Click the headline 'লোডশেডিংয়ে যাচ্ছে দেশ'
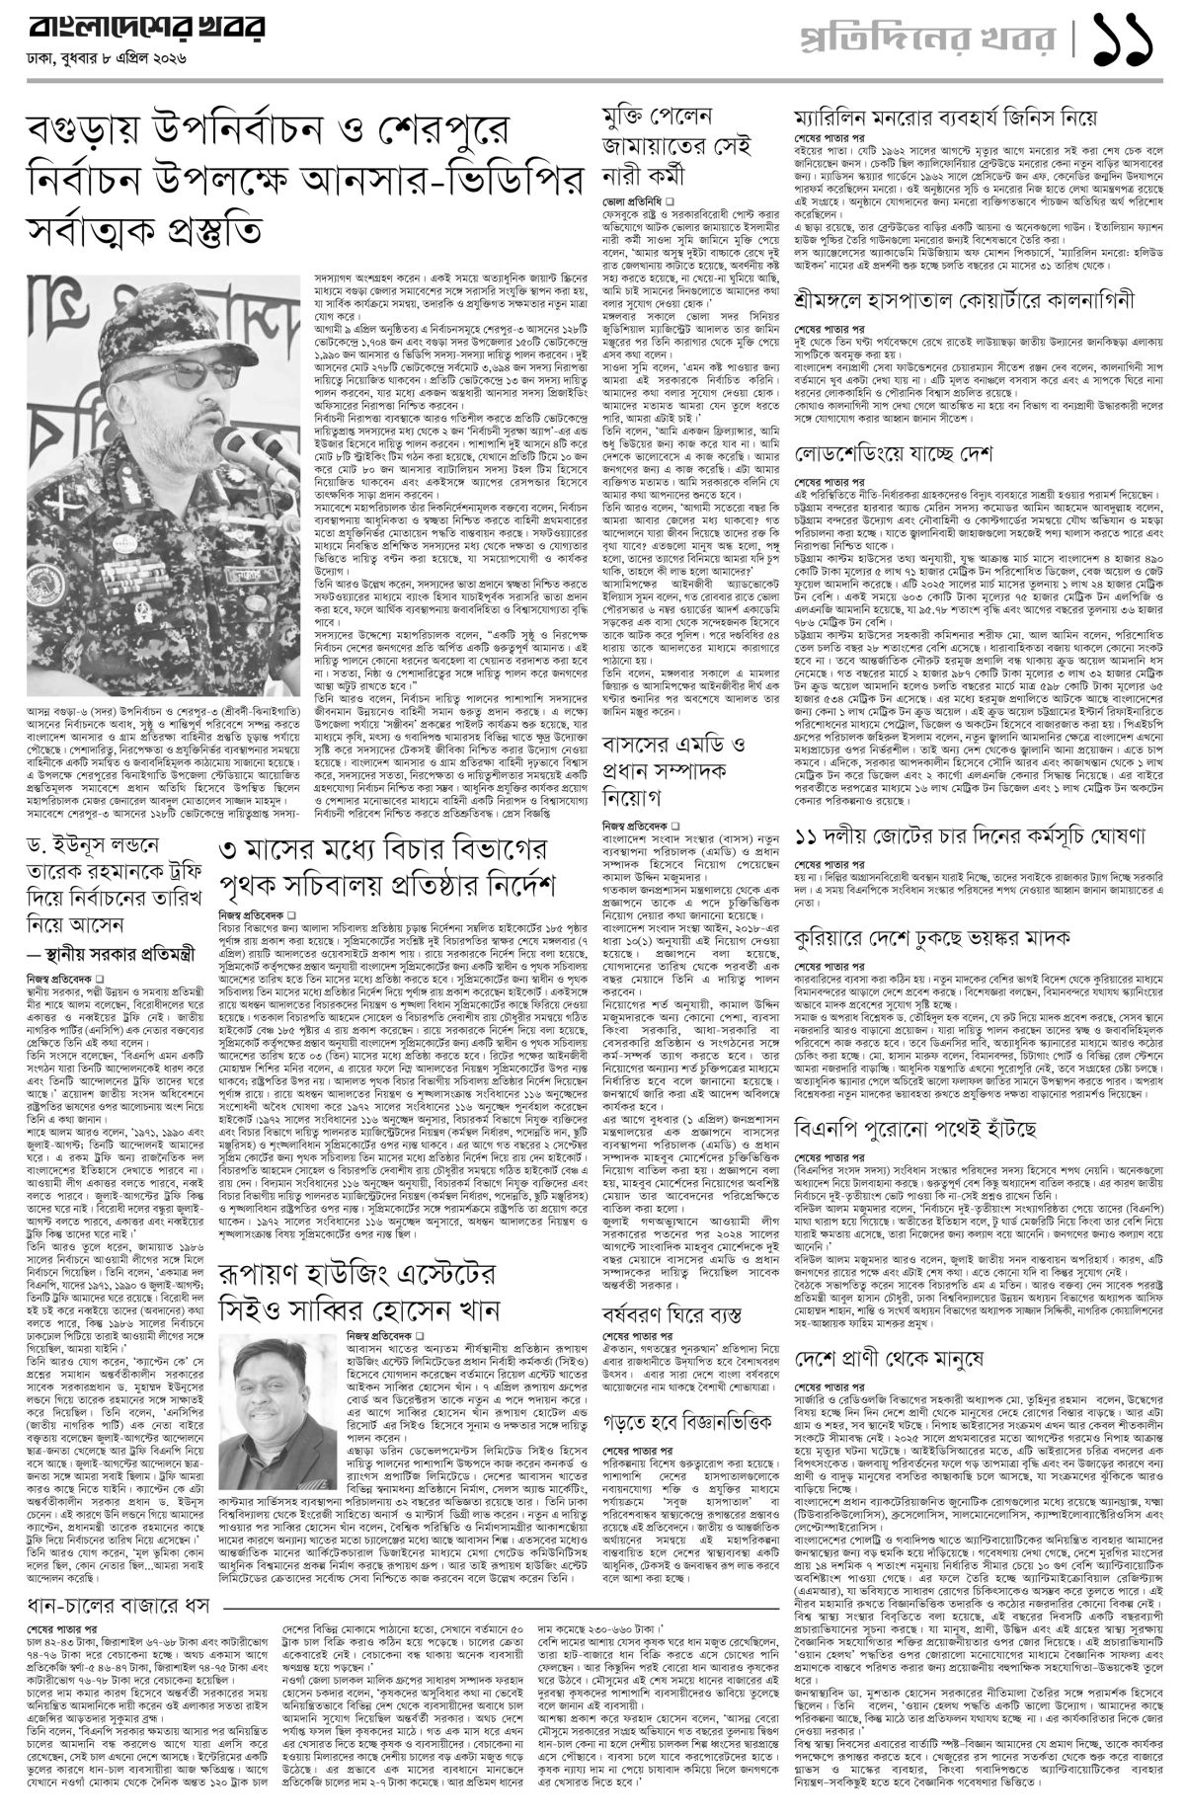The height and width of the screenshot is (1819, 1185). click(x=894, y=455)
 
